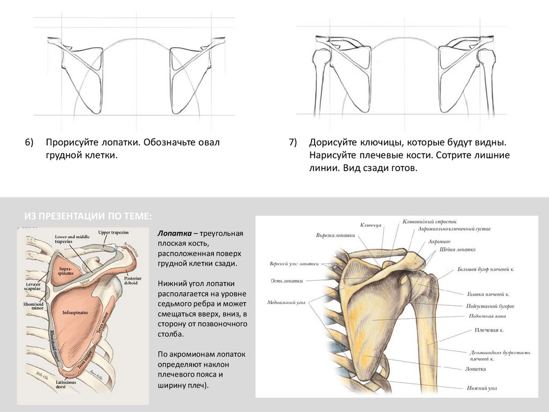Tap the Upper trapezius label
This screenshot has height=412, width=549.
(x=113, y=232)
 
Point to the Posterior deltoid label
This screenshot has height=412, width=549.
(x=132, y=281)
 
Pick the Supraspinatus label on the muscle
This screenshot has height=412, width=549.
(x=66, y=270)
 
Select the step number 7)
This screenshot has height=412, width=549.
(x=292, y=143)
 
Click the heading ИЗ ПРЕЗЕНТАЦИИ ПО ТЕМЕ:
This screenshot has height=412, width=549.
(x=88, y=216)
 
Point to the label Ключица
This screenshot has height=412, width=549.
(x=370, y=225)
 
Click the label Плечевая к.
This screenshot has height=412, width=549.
(x=489, y=330)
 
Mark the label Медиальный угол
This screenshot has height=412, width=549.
(x=286, y=303)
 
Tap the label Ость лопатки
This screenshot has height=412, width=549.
(x=287, y=281)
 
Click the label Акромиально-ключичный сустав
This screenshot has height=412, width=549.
(x=454, y=229)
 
